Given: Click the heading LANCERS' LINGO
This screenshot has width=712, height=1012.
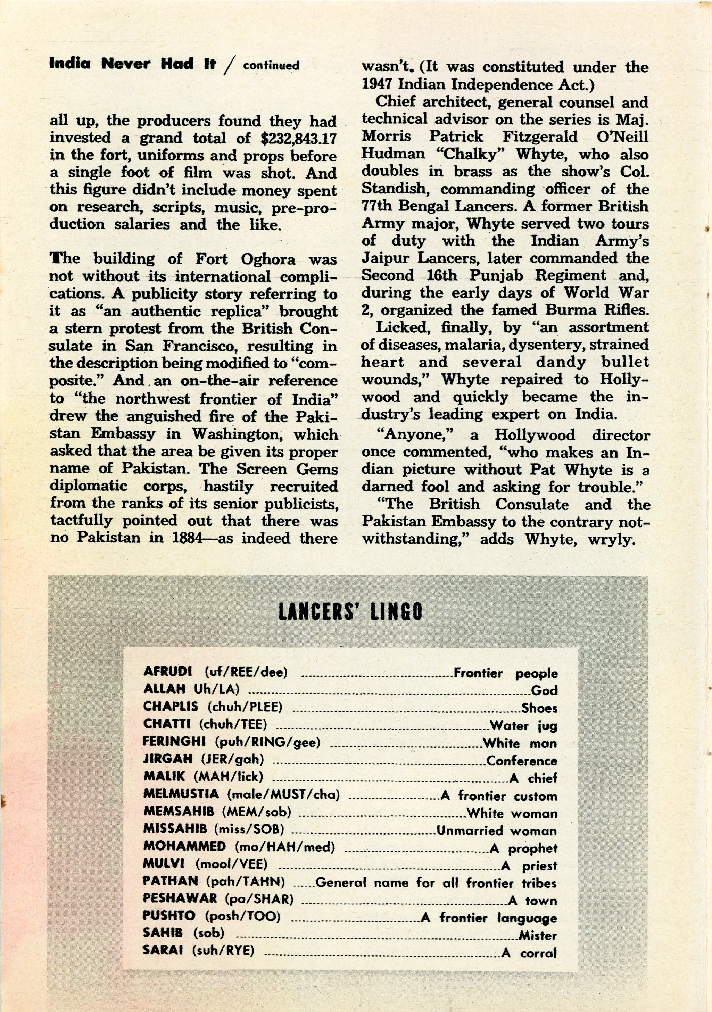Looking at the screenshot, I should coord(350,611).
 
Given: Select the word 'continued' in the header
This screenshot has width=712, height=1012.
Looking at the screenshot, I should coord(271,66).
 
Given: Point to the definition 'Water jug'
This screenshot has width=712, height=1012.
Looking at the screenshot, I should coord(523,725).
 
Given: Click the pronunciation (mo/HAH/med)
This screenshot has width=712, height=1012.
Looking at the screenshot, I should coord(285,847).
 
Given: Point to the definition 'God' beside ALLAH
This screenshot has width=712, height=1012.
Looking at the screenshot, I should coord(545,690).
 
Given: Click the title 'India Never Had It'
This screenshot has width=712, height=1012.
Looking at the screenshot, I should coord(132,64).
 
